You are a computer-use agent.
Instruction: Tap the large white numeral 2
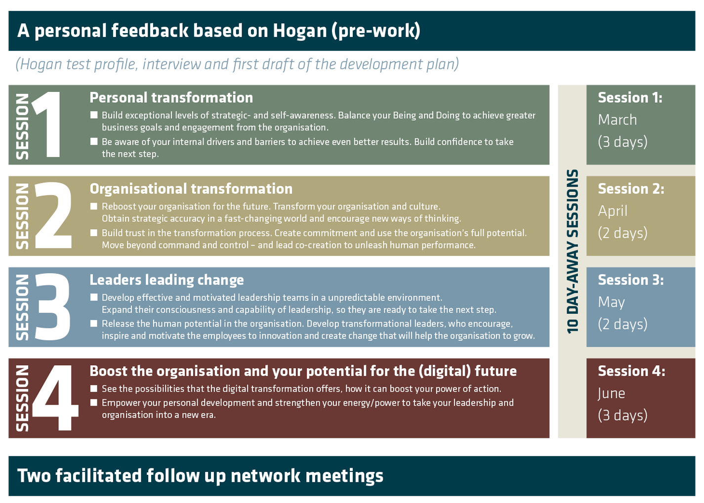53,215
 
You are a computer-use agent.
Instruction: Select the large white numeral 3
53,307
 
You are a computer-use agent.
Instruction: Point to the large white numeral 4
55,398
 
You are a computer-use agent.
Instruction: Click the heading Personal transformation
171,98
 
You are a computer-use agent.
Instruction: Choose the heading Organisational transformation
191,189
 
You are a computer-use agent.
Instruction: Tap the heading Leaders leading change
166,280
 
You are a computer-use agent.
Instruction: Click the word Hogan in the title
300,31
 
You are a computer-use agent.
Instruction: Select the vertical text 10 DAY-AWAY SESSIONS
572,251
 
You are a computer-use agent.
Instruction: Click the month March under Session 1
617,120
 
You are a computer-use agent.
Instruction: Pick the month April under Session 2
612,211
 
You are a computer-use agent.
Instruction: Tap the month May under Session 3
611,302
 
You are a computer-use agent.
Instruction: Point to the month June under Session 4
611,393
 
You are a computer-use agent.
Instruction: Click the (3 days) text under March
622,142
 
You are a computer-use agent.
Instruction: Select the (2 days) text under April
622,233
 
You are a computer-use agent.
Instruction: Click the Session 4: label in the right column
631,371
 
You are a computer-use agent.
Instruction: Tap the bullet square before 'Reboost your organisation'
94,206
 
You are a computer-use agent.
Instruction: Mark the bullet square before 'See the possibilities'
94,388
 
